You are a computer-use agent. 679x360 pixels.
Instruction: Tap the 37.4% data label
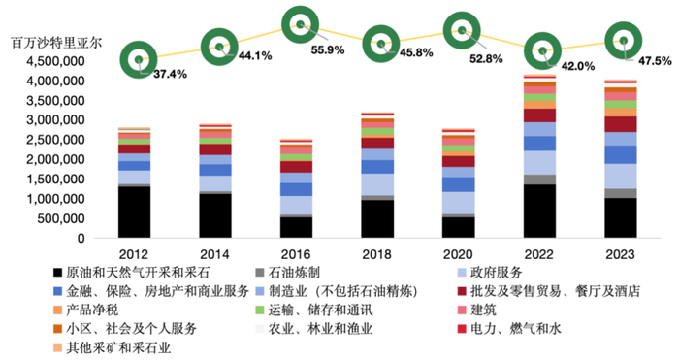tap(170, 74)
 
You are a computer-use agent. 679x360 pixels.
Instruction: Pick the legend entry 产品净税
tap(92, 311)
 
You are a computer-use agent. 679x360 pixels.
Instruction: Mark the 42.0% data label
tap(580, 67)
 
